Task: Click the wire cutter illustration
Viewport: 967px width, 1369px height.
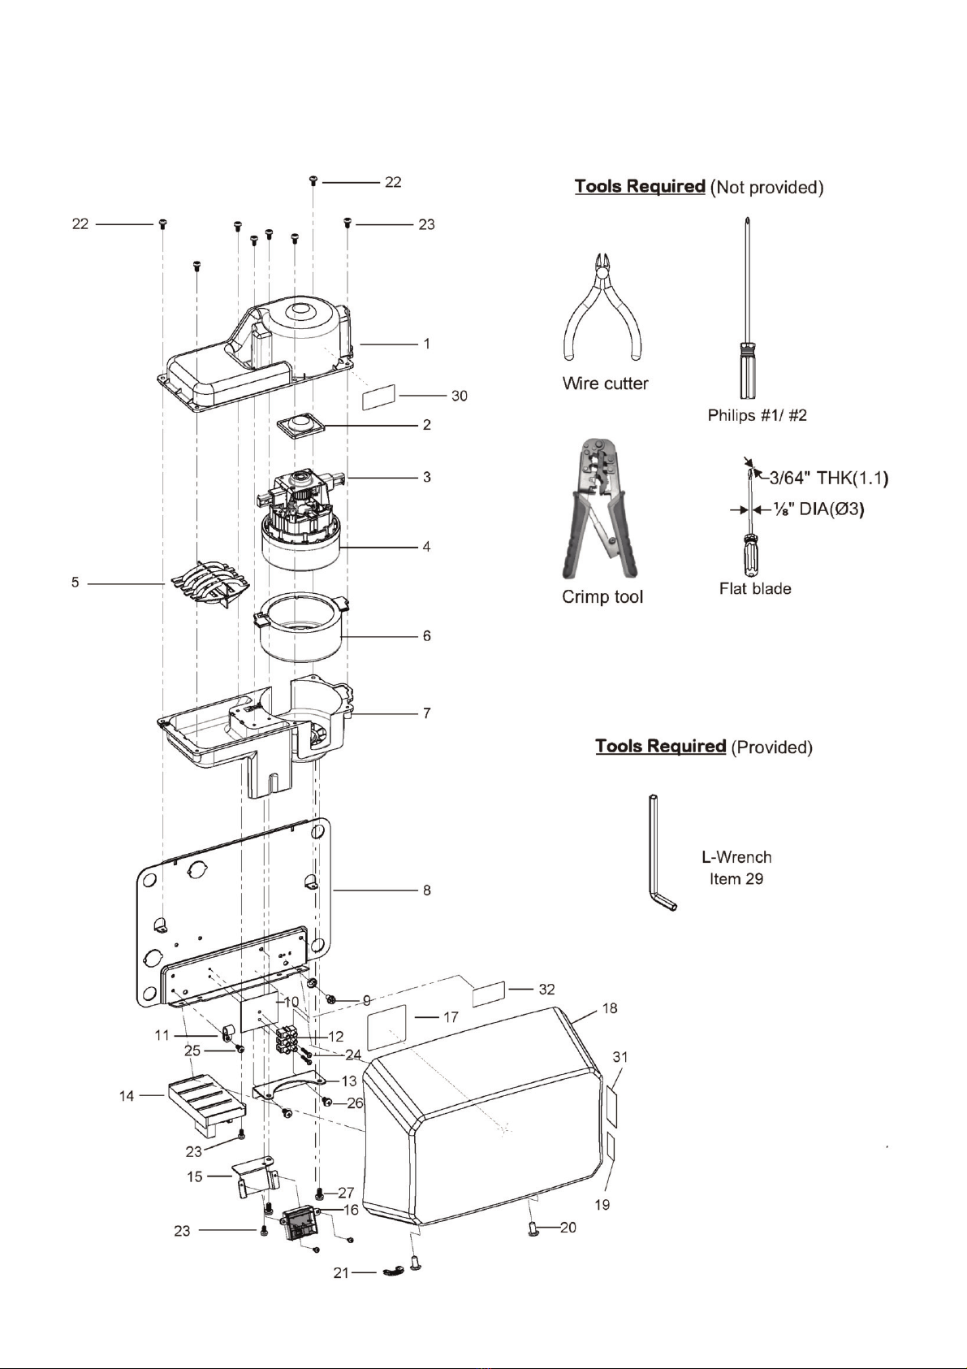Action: pos(602,309)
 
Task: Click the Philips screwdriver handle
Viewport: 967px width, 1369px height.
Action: pos(746,370)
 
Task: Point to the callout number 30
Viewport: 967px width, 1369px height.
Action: pos(460,396)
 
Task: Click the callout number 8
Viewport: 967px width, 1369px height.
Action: pos(426,890)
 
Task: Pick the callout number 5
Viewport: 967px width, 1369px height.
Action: pos(76,583)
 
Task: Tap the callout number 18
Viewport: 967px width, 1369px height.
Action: pos(610,1008)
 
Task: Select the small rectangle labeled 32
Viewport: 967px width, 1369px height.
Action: pos(489,994)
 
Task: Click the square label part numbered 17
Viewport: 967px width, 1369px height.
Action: pos(386,1027)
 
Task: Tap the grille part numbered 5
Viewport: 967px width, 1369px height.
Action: pos(209,583)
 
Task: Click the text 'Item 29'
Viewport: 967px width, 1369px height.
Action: pos(736,879)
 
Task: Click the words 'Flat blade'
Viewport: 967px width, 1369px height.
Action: pos(755,589)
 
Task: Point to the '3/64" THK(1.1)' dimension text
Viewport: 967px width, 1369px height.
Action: pos(829,478)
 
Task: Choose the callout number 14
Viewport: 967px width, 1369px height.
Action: pos(127,1096)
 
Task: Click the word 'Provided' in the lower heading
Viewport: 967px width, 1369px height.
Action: pos(771,747)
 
